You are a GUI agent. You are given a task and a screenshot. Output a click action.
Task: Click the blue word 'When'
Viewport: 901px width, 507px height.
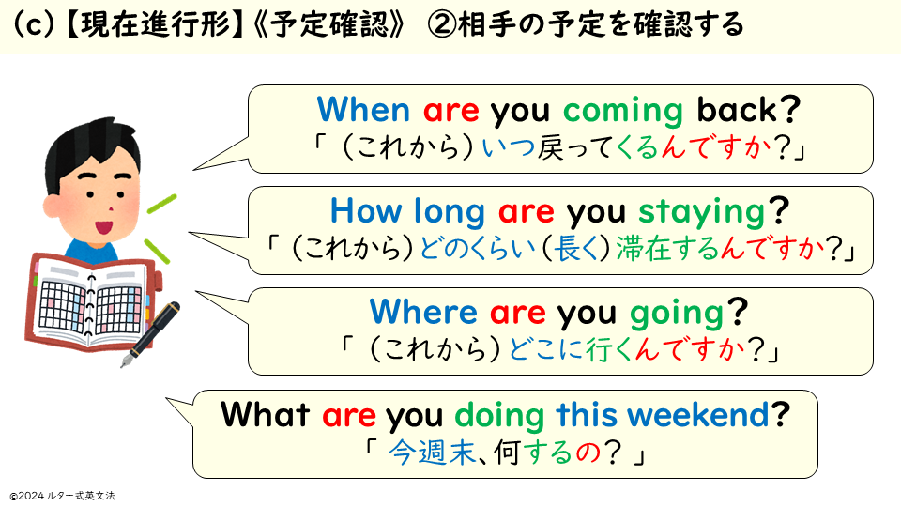pos(363,109)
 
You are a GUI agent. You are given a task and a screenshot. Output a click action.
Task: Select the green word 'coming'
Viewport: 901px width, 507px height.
pos(623,112)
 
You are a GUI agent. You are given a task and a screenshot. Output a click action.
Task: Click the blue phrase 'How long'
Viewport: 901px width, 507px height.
pos(407,212)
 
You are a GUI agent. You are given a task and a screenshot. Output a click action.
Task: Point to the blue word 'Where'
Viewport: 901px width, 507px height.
pos(423,312)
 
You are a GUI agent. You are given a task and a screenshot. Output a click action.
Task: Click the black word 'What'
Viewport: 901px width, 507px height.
pos(266,414)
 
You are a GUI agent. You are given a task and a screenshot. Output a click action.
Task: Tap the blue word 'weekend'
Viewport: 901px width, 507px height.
pos(698,414)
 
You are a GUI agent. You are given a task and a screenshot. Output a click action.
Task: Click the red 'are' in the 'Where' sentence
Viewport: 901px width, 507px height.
pos(518,314)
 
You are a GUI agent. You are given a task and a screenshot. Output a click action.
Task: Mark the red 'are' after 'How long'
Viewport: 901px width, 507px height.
pos(527,212)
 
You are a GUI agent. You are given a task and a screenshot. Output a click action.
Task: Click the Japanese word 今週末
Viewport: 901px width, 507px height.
pos(432,453)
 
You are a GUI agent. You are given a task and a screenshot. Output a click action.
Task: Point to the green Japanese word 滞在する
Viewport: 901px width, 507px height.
pos(667,249)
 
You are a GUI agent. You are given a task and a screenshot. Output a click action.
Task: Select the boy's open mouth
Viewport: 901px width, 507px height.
pos(104,227)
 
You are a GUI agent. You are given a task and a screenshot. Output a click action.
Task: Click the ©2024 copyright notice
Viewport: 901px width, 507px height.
pos(62,496)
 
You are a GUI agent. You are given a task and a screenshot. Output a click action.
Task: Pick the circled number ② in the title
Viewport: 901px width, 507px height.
pos(442,25)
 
